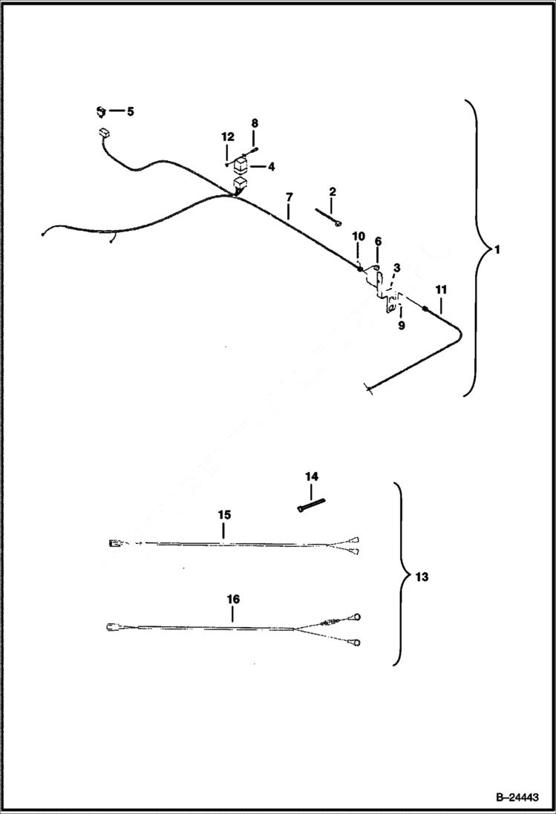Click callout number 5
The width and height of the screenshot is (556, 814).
tap(130, 111)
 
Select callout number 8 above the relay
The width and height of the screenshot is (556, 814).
tap(255, 122)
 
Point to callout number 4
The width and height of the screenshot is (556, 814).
tap(270, 167)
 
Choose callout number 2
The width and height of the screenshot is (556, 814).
tap(333, 191)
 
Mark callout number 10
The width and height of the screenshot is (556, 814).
tap(359, 236)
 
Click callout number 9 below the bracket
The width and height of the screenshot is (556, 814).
tap(401, 324)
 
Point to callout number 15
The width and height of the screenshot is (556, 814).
tap(224, 514)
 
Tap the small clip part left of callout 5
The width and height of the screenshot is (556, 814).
tap(100, 112)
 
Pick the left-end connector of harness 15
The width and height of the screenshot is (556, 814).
tap(114, 544)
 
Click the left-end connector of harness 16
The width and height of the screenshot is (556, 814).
tap(112, 626)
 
